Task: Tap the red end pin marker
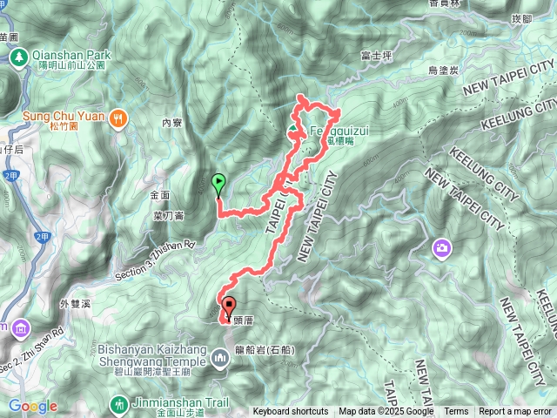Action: point(230,307)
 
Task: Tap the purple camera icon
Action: point(443,250)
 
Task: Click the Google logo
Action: point(33,407)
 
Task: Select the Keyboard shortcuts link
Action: point(291,412)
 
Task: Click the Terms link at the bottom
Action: point(456,412)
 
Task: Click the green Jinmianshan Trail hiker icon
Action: point(118,404)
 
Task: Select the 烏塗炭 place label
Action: point(444,71)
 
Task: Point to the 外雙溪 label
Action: point(75,304)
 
